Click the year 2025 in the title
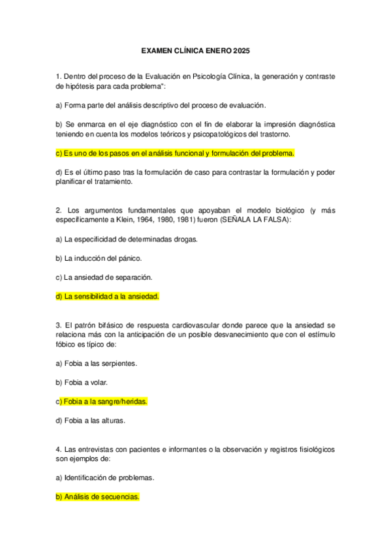coord(240,51)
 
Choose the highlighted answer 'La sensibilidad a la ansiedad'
coord(108,296)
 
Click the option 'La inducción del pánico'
coord(99,258)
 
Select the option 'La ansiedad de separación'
coord(104,277)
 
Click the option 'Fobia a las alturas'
coord(91,420)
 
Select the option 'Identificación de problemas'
coord(105,477)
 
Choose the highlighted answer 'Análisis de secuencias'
coord(98,497)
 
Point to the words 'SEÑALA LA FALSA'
coord(256,220)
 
